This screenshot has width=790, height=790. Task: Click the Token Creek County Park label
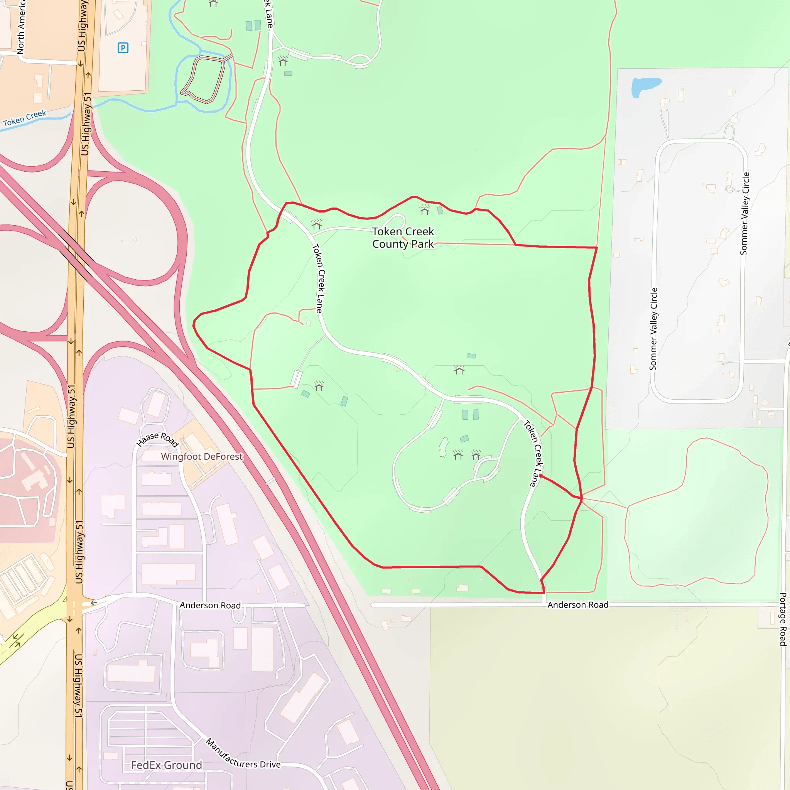[x=403, y=238]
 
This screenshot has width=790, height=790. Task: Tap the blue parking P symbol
[x=123, y=48]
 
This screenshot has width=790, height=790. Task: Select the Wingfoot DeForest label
[x=202, y=456]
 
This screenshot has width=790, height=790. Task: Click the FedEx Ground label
[x=166, y=765]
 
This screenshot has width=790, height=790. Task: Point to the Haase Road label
[x=157, y=440]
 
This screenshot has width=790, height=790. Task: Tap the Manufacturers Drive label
[x=243, y=754]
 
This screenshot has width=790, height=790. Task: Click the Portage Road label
[x=783, y=619]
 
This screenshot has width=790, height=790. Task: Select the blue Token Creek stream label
[x=25, y=118]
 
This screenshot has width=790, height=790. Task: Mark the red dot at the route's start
[x=540, y=476]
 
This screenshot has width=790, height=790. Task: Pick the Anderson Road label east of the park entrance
[x=578, y=605]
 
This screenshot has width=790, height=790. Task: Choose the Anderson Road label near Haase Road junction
[x=210, y=605]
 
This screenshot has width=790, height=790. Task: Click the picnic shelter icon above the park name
[x=424, y=210]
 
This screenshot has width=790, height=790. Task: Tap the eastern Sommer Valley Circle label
[x=745, y=213]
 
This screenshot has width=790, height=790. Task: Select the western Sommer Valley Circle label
[x=653, y=329]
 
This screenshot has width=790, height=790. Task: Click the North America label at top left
[x=20, y=27]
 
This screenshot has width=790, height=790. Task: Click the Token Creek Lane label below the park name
[x=319, y=278]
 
